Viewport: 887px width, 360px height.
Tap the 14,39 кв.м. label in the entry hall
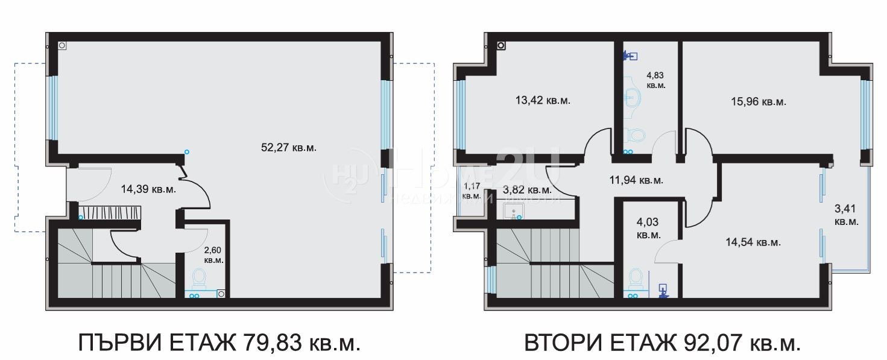click(148, 189)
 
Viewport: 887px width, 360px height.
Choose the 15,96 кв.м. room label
click(758, 102)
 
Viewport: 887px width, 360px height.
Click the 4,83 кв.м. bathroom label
click(655, 80)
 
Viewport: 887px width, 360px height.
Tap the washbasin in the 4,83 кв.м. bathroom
click(632, 97)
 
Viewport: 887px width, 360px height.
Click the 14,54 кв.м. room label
click(753, 242)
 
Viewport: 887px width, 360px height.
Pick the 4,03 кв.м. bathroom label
click(649, 229)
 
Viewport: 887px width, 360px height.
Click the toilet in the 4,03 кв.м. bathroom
click(635, 279)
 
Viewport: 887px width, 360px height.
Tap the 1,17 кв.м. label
click(471, 191)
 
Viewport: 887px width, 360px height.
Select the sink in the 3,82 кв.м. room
click(514, 211)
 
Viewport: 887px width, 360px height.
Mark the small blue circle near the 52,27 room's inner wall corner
click(187, 151)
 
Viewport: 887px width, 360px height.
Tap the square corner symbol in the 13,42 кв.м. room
click(500, 45)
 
